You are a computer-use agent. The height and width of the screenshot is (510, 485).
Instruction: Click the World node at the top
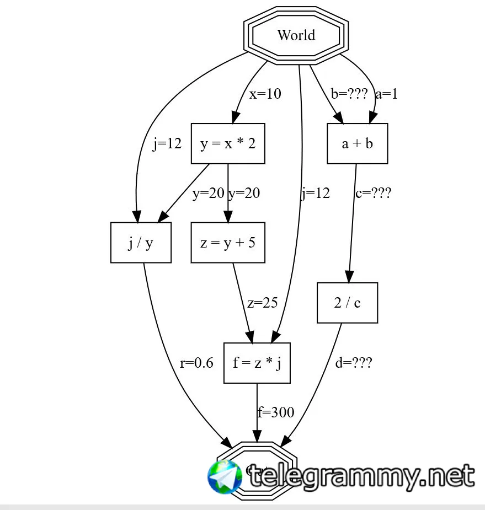296,36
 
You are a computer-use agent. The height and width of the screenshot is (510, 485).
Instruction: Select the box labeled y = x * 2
228,144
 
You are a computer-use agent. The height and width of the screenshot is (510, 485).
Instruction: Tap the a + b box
357,144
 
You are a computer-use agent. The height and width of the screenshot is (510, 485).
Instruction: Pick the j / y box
141,243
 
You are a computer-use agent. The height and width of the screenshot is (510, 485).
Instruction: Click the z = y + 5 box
228,243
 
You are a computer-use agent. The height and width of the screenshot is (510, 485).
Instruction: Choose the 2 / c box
347,303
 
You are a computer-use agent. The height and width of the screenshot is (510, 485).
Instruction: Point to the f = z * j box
257,363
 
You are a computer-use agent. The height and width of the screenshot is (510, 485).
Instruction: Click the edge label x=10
265,94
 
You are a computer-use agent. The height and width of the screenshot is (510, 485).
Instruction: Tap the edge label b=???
349,94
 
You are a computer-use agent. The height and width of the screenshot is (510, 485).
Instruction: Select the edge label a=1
386,94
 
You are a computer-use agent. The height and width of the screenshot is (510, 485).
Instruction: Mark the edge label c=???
373,194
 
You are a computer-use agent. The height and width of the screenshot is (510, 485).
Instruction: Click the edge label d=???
354,363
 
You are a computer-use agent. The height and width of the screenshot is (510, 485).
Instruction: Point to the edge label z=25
262,303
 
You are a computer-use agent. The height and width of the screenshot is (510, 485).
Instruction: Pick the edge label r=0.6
196,363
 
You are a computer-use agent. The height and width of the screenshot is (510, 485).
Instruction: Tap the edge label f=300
276,412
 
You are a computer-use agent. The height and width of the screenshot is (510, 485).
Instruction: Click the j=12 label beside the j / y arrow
167,144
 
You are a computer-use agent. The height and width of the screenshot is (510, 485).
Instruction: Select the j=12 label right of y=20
315,194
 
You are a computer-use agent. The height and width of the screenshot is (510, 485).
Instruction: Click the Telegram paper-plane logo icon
225,477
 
